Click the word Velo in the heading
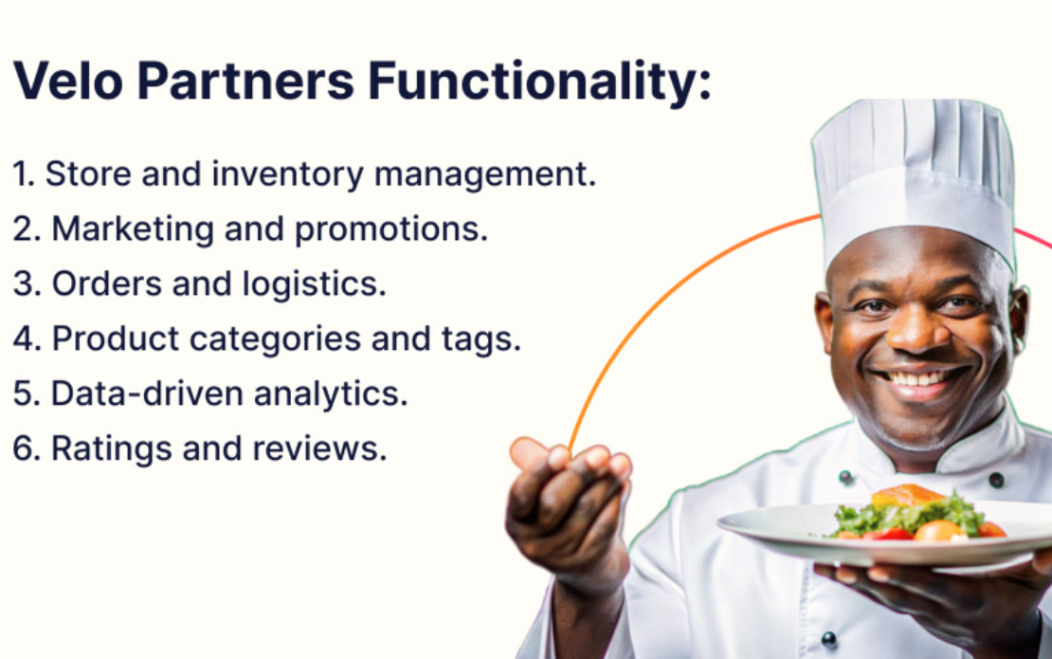point(68,82)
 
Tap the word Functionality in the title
point(538,82)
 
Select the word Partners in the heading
point(245,82)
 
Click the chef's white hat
point(912,175)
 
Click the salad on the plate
point(907,514)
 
